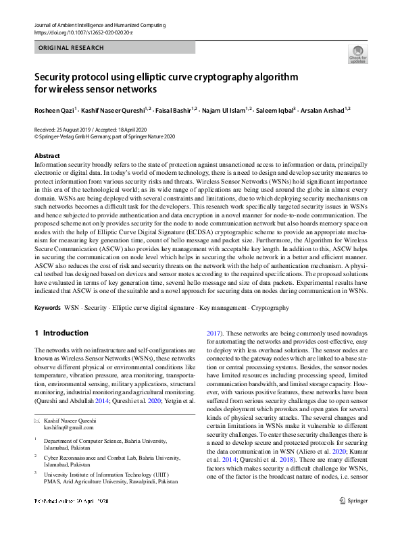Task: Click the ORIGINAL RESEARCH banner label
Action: (x=72, y=48)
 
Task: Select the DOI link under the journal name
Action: (x=78, y=32)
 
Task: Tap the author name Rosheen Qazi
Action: (x=55, y=109)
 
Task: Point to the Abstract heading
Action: (x=47, y=156)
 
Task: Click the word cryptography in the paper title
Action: (x=218, y=77)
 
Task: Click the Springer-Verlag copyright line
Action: (x=104, y=135)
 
